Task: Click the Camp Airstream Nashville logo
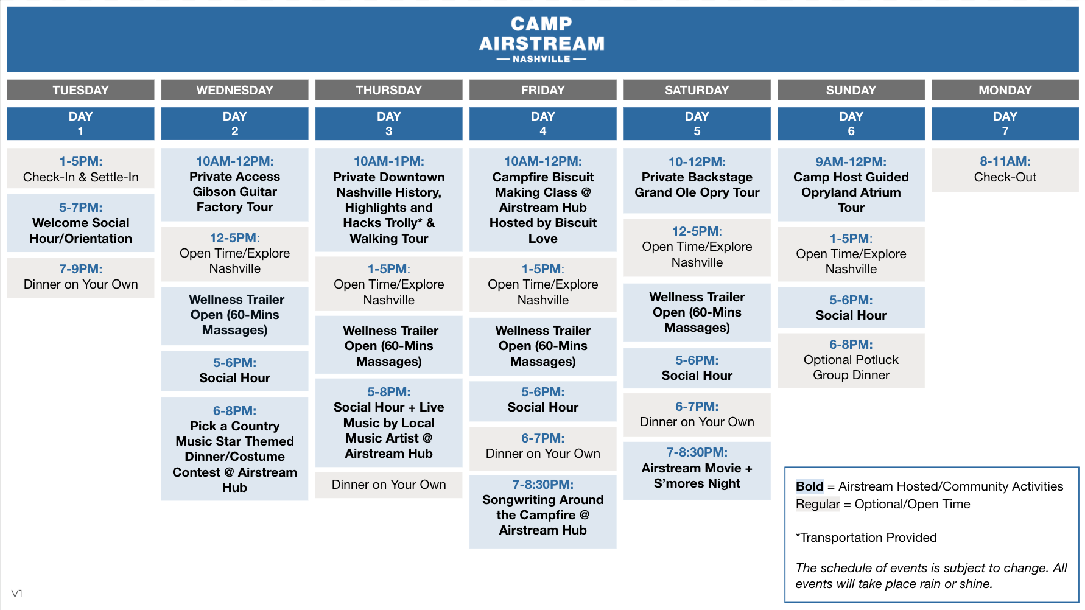tap(542, 40)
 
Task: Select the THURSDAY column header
tap(388, 90)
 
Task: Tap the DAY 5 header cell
tap(697, 124)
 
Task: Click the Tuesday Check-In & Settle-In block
tap(80, 169)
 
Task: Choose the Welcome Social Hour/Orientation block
tap(80, 223)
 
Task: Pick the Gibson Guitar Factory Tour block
tap(234, 184)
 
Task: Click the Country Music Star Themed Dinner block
tap(234, 449)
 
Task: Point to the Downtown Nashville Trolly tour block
tap(388, 200)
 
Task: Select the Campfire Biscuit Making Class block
tap(542, 200)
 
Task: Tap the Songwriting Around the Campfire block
tap(542, 511)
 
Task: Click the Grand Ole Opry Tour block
tap(697, 181)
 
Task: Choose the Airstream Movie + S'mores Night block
tap(697, 471)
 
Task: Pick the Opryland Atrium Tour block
tap(851, 184)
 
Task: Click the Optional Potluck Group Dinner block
tap(851, 360)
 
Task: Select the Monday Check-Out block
tap(1005, 170)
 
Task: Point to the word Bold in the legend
tap(809, 486)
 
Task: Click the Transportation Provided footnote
tap(866, 538)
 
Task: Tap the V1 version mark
tap(17, 594)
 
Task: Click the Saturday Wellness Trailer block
tap(697, 312)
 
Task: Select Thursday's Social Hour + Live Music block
tap(388, 422)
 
